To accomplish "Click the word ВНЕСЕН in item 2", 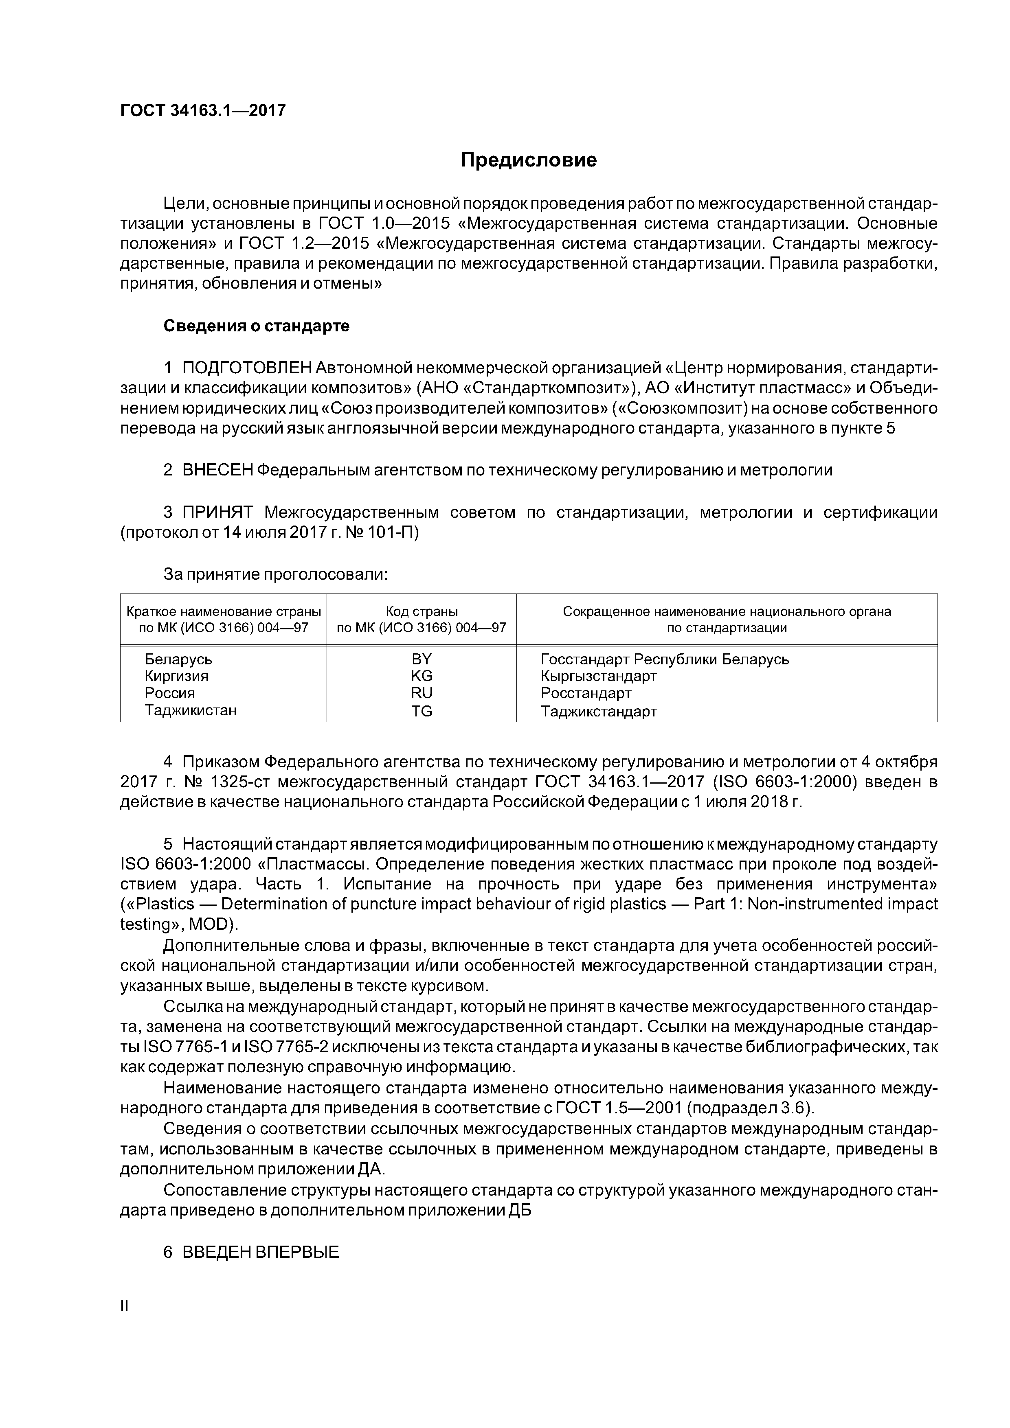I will [x=217, y=470].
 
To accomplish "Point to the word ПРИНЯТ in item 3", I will [x=217, y=513].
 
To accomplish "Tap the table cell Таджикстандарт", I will [x=599, y=711].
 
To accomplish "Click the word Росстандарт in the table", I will [x=586, y=693].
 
